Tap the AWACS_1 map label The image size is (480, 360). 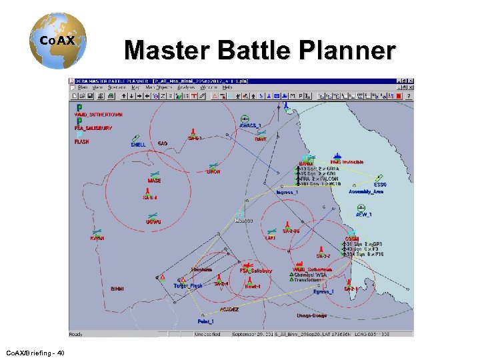(250, 125)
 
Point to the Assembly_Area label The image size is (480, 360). (366, 191)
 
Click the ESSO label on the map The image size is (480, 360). (380, 185)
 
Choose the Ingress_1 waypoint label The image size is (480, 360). (287, 193)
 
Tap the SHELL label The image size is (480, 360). (138, 145)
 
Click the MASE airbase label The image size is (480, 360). (154, 181)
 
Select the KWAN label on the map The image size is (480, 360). (97, 238)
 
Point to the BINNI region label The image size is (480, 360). (117, 289)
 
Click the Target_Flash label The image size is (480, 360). (187, 286)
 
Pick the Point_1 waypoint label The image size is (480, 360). (205, 321)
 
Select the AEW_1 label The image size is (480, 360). (363, 215)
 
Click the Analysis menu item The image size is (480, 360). (186, 87)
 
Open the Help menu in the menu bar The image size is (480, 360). (227, 87)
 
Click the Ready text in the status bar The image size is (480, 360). (76, 334)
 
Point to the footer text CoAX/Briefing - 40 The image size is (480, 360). (35, 352)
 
